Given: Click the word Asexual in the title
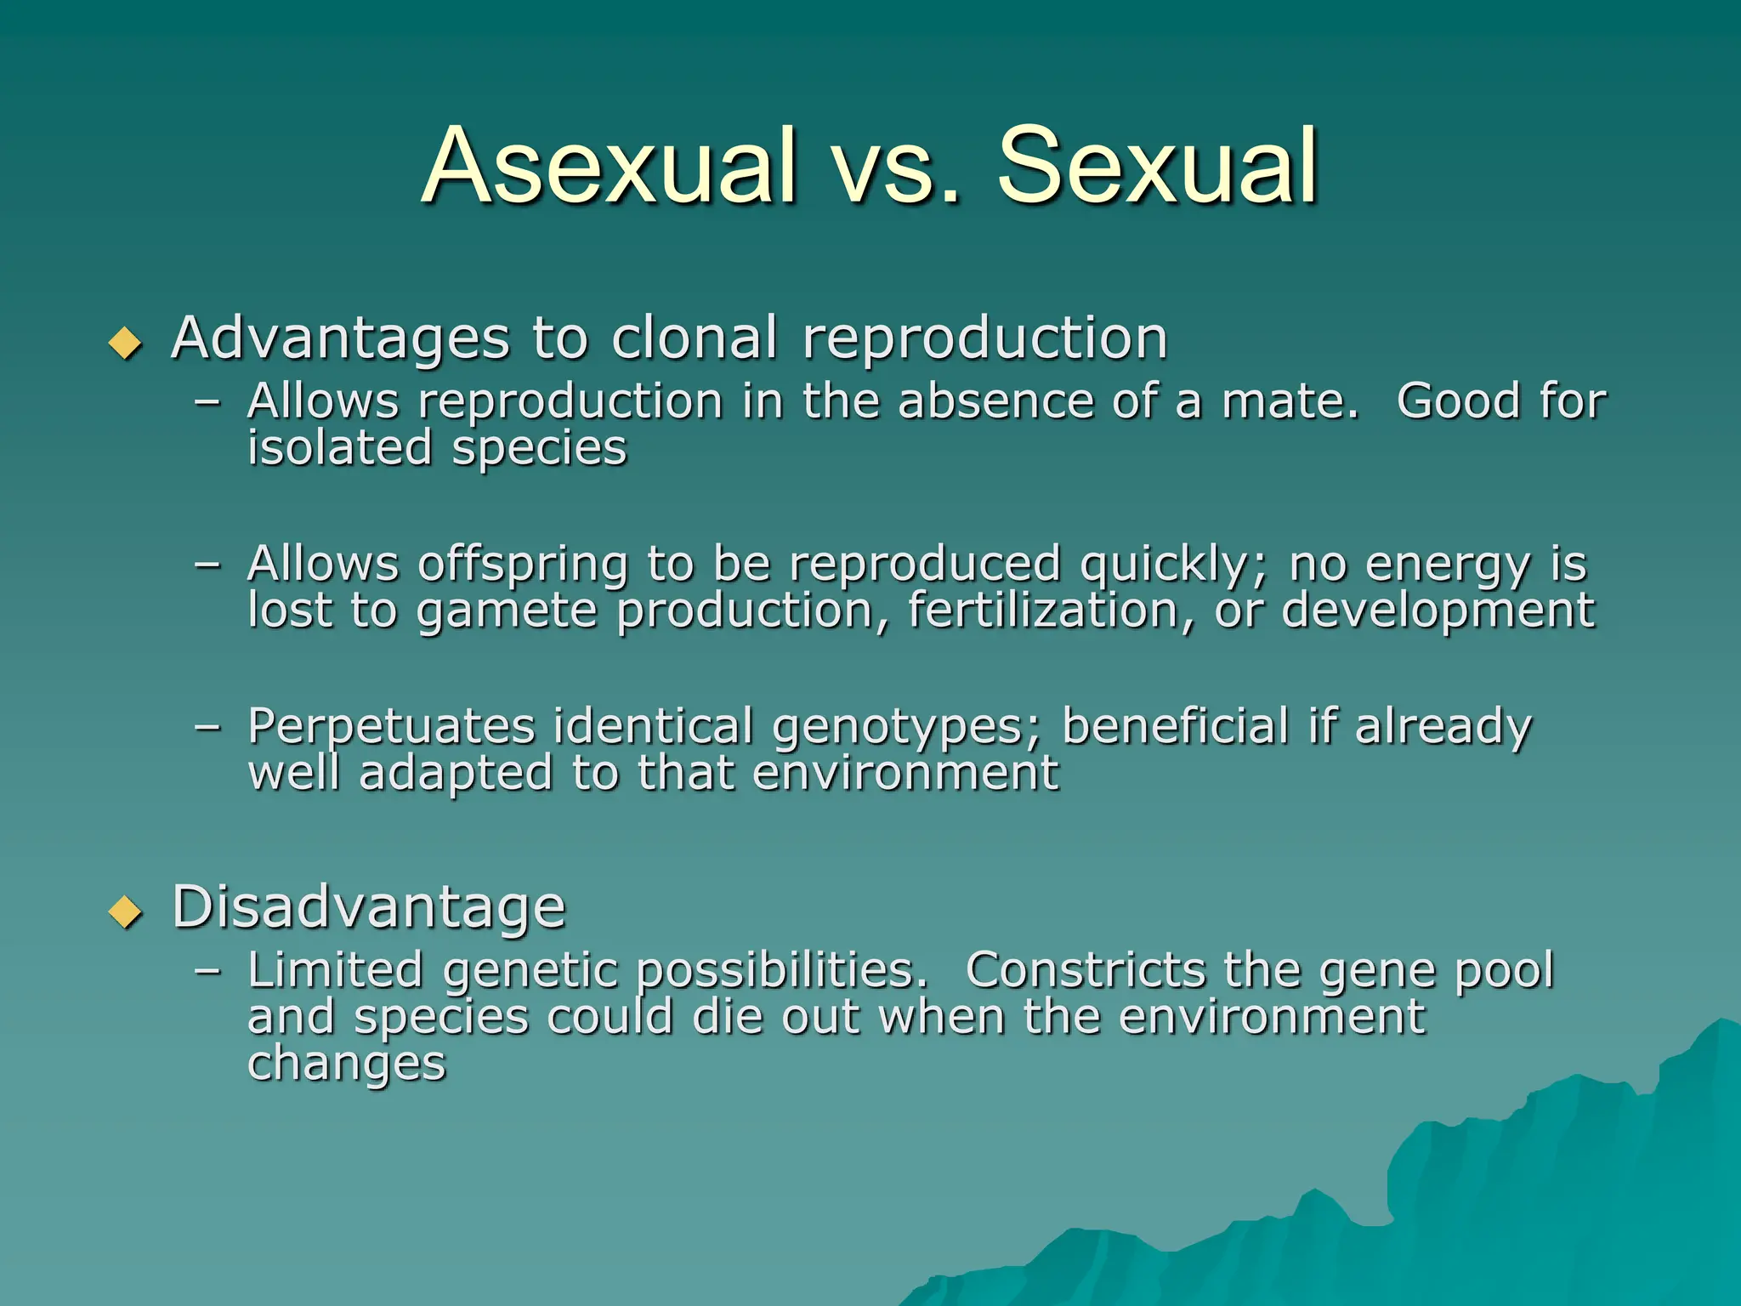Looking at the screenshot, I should pos(609,167).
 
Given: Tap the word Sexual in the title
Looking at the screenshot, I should pos(1157,167).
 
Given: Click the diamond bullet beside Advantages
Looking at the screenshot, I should pos(126,343).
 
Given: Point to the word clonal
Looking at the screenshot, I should pos(694,338).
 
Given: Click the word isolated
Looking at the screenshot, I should pos(339,448).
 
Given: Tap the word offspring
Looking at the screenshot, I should pos(522,565).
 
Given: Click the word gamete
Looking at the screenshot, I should pos(507,612).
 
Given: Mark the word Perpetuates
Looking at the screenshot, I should pos(391,727).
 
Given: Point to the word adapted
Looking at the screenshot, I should pos(456,775).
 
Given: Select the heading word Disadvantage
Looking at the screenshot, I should pos(368,906).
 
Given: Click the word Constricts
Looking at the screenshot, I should pos(1084,970).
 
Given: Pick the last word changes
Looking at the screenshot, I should pos(346,1065).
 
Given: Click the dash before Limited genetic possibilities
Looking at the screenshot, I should pos(207,970).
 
